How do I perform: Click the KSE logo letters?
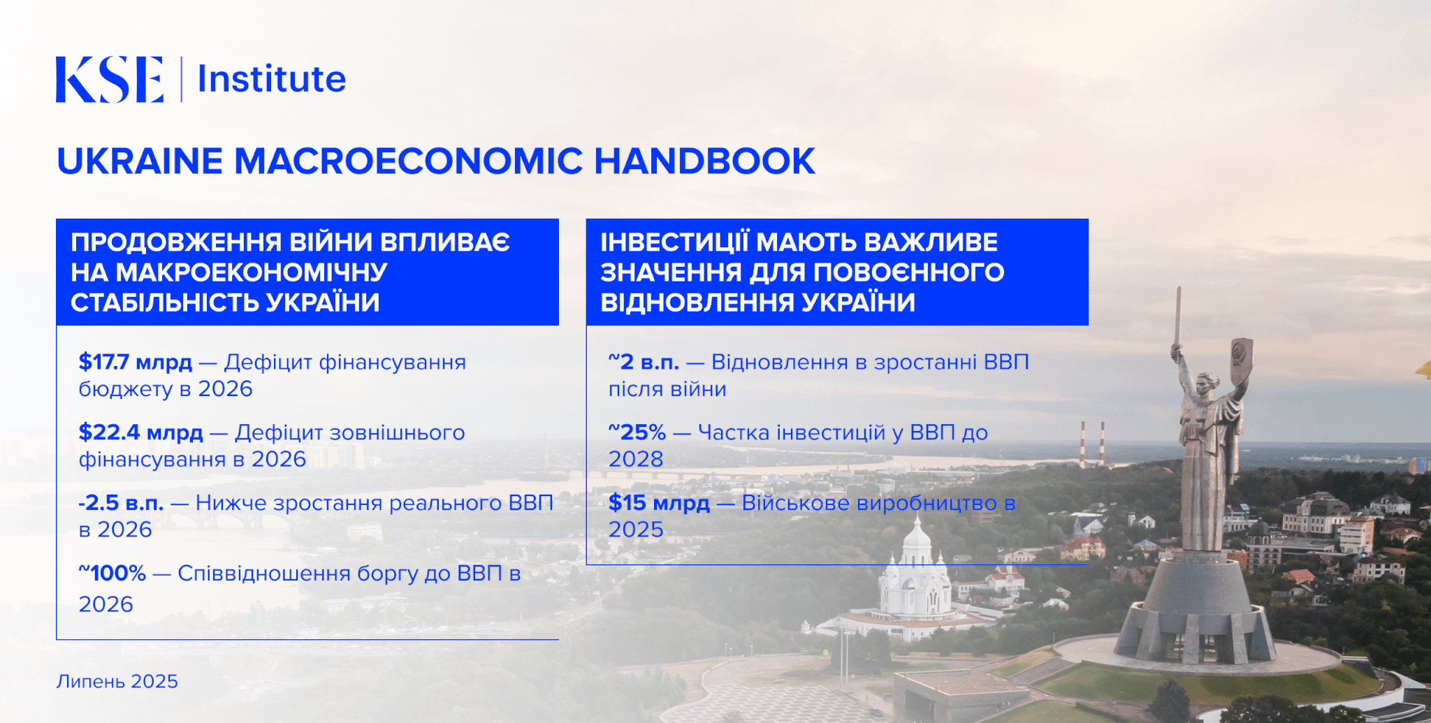(110, 80)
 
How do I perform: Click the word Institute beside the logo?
(272, 78)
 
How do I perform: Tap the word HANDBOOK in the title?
(704, 161)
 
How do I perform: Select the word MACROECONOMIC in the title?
(408, 161)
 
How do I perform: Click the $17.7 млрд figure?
(136, 362)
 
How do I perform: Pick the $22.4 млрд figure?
(141, 432)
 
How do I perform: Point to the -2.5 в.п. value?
(121, 503)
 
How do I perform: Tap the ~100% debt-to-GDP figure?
(112, 574)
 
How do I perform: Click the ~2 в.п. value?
(644, 362)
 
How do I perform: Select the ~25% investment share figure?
(637, 432)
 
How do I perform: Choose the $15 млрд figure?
(659, 503)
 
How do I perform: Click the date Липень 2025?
(117, 681)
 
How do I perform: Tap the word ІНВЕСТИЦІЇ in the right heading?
(674, 242)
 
